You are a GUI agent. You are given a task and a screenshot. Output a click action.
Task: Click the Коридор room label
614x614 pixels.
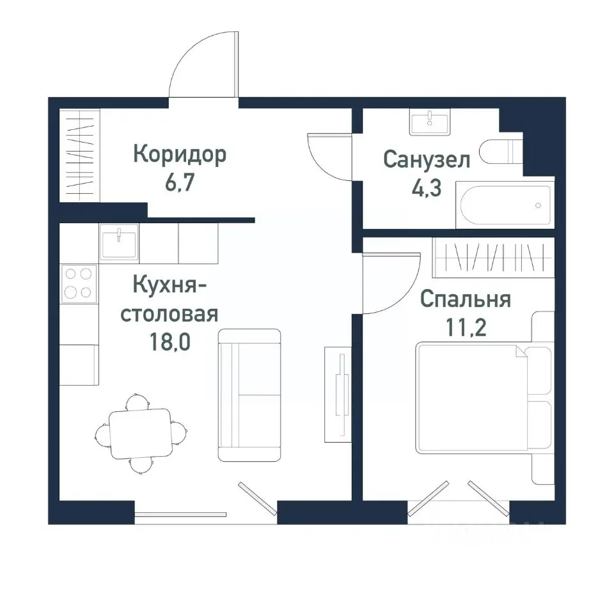coord(180,155)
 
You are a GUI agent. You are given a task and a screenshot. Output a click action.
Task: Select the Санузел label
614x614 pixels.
coord(427,159)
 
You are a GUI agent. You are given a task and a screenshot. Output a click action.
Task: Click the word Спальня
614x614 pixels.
coord(466,299)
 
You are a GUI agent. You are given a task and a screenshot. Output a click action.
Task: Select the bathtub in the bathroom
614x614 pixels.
coord(503,205)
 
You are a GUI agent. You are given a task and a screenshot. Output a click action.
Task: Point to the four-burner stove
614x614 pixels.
coord(79,283)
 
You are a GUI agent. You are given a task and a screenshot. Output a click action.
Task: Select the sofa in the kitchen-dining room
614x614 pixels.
coord(249,395)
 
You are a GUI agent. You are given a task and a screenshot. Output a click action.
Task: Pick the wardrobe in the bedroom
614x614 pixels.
coord(492,257)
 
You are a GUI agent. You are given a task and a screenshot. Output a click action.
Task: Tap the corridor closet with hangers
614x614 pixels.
coord(80,157)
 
